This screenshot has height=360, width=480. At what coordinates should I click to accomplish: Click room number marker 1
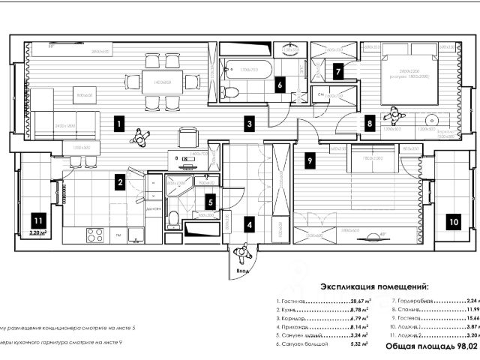(119, 121)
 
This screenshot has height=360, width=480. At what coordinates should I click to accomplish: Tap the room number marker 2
(119, 180)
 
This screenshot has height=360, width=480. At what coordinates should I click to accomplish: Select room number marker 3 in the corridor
(250, 121)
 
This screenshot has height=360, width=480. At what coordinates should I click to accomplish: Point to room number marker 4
(250, 222)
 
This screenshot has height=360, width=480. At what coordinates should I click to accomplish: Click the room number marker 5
(211, 201)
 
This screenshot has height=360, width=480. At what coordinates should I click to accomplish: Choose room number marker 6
(280, 85)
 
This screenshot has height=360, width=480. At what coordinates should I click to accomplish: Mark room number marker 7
(339, 72)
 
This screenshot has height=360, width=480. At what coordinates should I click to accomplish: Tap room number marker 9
(310, 160)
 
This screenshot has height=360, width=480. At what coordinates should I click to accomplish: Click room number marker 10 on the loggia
(453, 222)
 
